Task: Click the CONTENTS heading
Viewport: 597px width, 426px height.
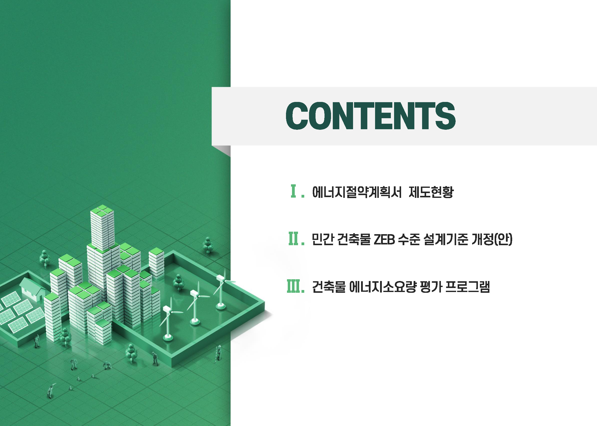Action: pyautogui.click(x=370, y=116)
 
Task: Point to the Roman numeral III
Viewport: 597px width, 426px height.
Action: pyautogui.click(x=293, y=286)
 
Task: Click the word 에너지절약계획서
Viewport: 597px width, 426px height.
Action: pyautogui.click(x=357, y=192)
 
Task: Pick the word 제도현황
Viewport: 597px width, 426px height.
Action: pyautogui.click(x=431, y=192)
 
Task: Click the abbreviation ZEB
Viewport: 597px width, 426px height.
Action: pyautogui.click(x=384, y=239)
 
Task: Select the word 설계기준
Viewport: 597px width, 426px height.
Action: pyautogui.click(x=446, y=239)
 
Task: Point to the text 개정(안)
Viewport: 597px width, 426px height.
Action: pyautogui.click(x=492, y=239)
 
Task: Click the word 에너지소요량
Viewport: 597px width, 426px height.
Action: pyautogui.click(x=383, y=287)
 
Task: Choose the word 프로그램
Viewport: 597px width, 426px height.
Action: pyautogui.click(x=468, y=287)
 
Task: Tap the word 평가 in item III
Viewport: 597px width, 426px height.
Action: pyautogui.click(x=431, y=287)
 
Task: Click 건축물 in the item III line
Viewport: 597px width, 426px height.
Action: pyautogui.click(x=329, y=287)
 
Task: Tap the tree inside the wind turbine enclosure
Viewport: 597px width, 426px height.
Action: pyautogui.click(x=178, y=282)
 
